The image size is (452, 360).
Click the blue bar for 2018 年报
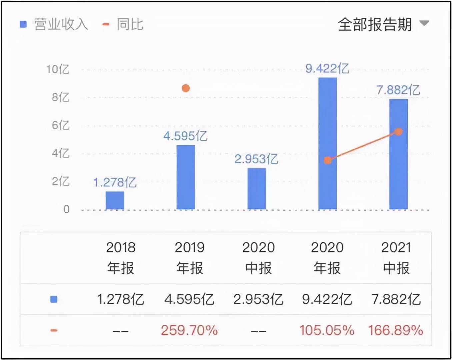115,200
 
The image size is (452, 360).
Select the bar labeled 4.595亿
186,177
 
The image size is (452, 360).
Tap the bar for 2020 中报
257,189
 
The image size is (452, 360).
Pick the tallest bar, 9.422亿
327,143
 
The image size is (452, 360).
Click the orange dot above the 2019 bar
186,88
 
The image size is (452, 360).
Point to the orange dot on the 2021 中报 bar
399,132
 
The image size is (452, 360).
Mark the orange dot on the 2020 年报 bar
328,161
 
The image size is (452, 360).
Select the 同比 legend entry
123,24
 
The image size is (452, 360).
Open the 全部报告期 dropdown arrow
424,23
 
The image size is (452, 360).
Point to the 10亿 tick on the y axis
58,69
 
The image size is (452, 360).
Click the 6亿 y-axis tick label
61,125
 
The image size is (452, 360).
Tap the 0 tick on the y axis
66,209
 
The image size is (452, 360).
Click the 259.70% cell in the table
189,330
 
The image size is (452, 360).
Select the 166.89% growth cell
396,330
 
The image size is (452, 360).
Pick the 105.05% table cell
327,330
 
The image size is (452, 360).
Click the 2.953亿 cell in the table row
258,299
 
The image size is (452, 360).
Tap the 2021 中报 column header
396,258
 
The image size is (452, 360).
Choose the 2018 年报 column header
121,258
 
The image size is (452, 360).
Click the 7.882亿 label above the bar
398,90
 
